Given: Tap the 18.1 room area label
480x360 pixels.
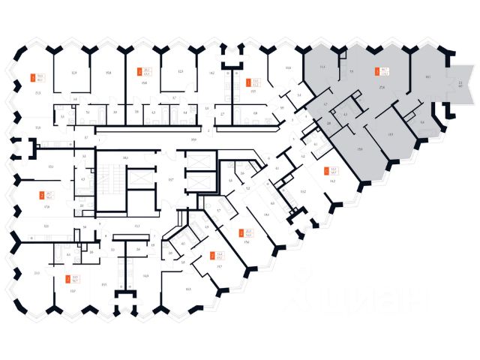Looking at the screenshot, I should click(427, 76).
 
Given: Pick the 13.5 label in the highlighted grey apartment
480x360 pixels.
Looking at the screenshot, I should click(391, 135).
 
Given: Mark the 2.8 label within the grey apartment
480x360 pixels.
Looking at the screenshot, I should click(328, 121).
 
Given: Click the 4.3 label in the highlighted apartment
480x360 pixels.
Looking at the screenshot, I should click(344, 114).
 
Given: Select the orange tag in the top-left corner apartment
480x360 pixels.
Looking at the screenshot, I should click(31, 76).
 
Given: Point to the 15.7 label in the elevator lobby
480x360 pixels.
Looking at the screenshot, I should click(170, 182).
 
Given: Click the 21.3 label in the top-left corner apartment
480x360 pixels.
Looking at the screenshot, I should click(37, 92).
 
